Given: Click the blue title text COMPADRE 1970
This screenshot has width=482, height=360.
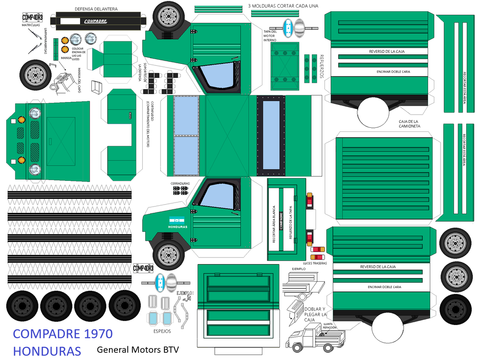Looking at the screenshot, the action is pyautogui.click(x=63, y=334).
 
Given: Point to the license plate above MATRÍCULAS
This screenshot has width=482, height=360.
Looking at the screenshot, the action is pyautogui.click(x=34, y=18).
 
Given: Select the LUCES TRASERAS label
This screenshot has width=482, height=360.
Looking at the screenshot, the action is pyautogui.click(x=315, y=263).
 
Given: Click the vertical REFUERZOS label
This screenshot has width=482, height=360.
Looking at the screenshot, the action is pyautogui.click(x=322, y=67).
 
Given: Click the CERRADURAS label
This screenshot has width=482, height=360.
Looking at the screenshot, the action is pyautogui.click(x=180, y=184).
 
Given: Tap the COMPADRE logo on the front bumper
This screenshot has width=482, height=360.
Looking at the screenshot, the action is pyautogui.click(x=95, y=21).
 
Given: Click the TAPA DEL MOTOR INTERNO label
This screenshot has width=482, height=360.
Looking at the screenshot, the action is pyautogui.click(x=270, y=36).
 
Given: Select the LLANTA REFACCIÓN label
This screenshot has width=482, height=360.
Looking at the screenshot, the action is pyautogui.click(x=329, y=326).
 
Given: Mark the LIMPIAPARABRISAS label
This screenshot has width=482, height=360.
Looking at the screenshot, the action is pyautogui.click(x=46, y=40).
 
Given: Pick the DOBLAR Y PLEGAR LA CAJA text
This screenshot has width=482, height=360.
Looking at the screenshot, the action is pyautogui.click(x=315, y=315).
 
